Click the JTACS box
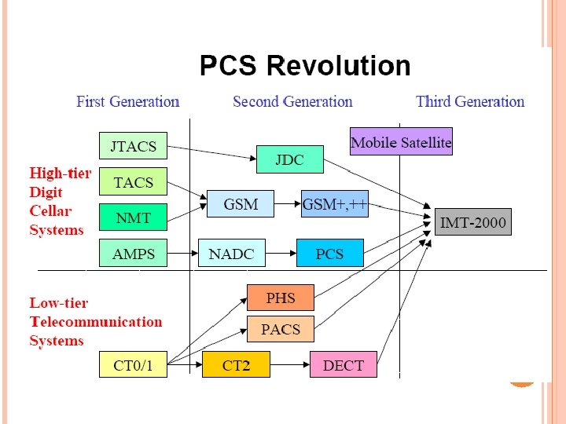[x=133, y=146]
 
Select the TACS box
[x=133, y=183]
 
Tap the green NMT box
[x=133, y=217]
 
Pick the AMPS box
[x=133, y=254]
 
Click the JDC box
[x=290, y=159]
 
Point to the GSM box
[x=241, y=204]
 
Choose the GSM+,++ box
[x=334, y=204]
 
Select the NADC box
[x=232, y=254]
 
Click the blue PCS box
[x=330, y=254]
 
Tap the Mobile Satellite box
[x=401, y=142]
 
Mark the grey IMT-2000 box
[x=472, y=222]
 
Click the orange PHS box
[x=281, y=298]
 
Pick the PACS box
[x=281, y=329]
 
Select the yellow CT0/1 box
[x=133, y=365]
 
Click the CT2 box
[x=236, y=365]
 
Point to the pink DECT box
[x=344, y=365]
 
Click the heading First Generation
[x=127, y=101]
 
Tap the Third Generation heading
[x=469, y=101]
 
